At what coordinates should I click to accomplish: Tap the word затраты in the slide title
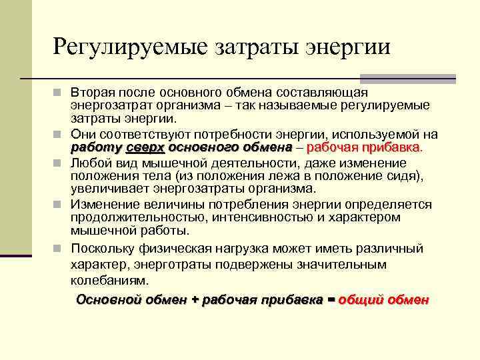pos(254,47)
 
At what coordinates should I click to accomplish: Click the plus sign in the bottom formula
pos(195,299)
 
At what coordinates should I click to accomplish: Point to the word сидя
pos(407,176)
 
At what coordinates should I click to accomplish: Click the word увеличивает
pos(107,189)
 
